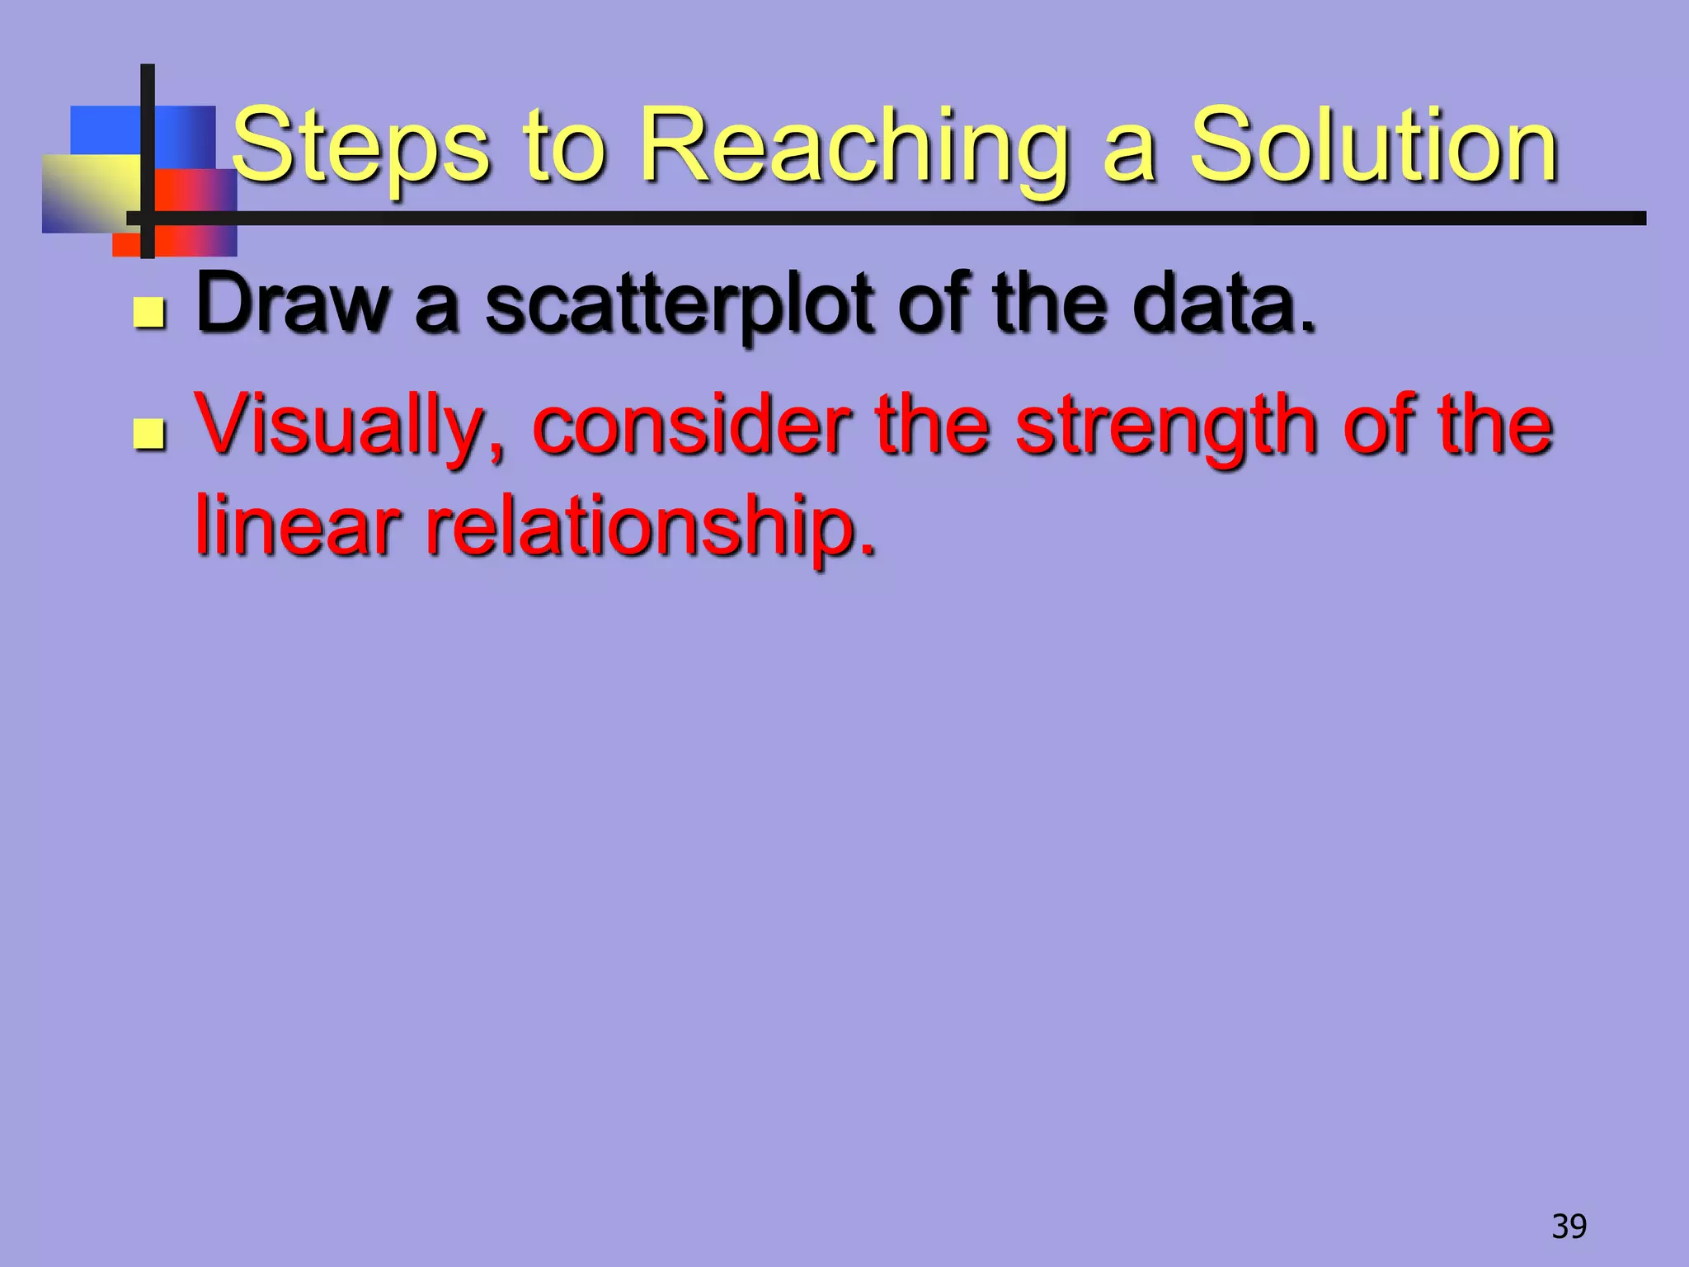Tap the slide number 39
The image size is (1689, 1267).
pos(1569,1227)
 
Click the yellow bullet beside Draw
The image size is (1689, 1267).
pos(148,314)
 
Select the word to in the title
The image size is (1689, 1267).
pos(564,148)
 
